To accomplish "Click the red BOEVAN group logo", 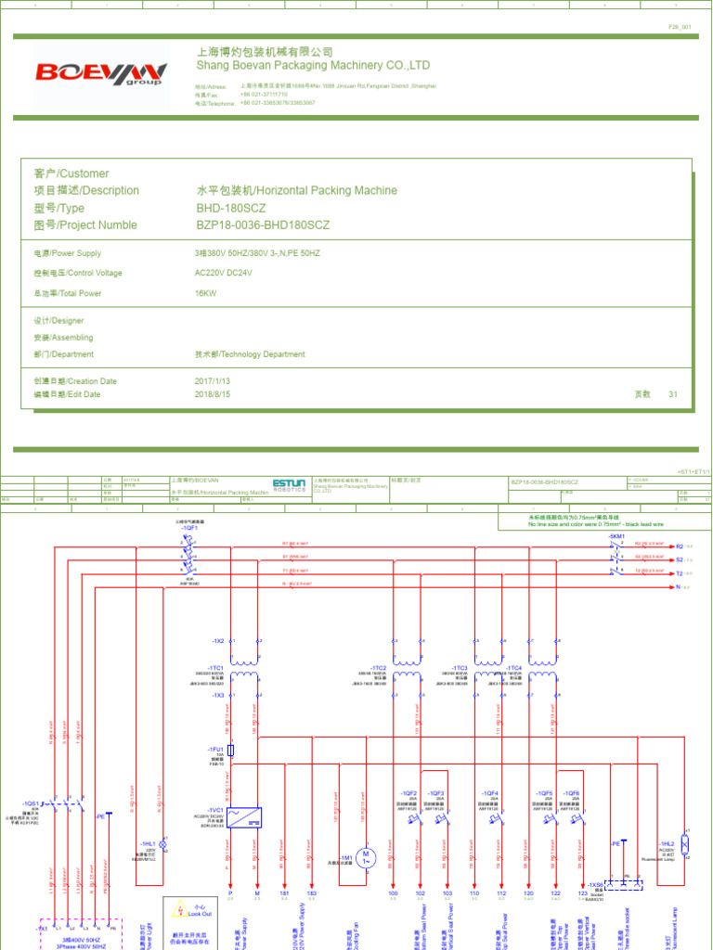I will click(101, 73).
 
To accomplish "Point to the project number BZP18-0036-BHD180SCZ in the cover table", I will click(263, 225).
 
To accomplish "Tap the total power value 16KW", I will click(205, 293).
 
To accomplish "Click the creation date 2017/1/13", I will click(212, 381).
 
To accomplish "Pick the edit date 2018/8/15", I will click(212, 394).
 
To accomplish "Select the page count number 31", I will click(673, 394).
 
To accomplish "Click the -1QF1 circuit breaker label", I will click(190, 528).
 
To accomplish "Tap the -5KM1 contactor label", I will click(616, 536).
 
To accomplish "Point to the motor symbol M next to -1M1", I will click(366, 854).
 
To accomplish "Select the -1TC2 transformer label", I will click(379, 668).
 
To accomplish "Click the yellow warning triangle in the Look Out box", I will click(176, 909).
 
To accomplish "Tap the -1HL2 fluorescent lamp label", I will click(667, 843).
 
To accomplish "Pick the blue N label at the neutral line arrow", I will click(679, 587).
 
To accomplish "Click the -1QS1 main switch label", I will click(31, 803).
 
